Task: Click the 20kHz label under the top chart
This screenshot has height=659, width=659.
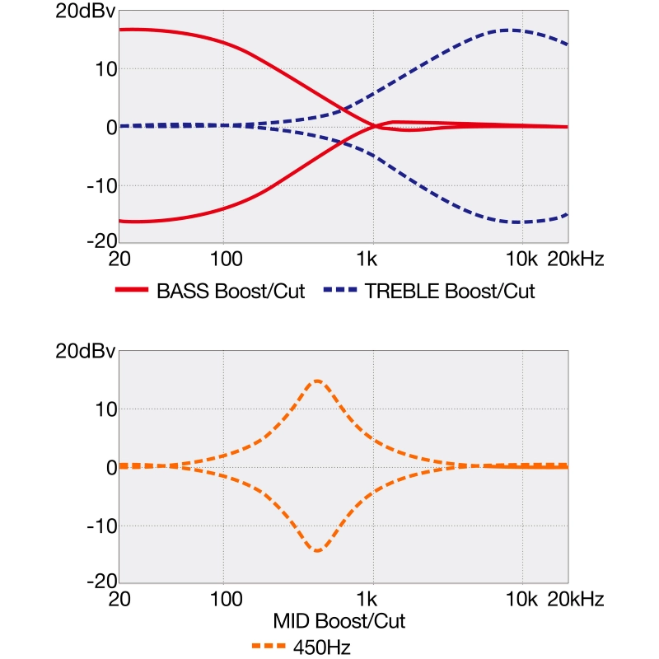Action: coord(577,260)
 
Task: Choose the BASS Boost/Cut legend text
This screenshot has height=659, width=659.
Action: coord(231,292)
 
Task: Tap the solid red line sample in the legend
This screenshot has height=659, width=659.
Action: coord(133,292)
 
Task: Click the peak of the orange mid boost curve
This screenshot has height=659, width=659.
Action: coord(317,381)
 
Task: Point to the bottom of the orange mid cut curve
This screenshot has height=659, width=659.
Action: coord(317,550)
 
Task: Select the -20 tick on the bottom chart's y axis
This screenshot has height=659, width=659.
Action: coord(99,582)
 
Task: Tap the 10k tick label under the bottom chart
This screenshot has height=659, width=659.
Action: coord(521,601)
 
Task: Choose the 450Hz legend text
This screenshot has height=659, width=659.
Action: coord(322,647)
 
